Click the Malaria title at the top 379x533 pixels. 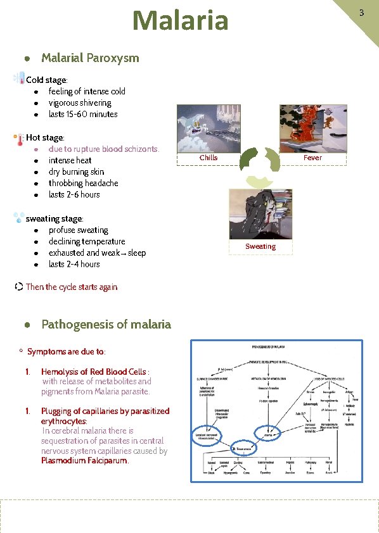[180, 20]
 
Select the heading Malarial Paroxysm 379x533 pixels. [89, 58]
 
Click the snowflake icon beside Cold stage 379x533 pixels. [19, 78]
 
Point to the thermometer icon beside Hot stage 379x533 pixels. [20, 137]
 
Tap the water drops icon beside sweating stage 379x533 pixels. [19, 218]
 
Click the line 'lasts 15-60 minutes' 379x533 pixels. [83, 114]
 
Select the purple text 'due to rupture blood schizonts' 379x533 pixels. [103, 149]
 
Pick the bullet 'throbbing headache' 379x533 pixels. [83, 183]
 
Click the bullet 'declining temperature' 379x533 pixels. [87, 241]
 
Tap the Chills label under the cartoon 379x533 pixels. [208, 158]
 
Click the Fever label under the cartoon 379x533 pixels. [312, 158]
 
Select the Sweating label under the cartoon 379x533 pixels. [260, 246]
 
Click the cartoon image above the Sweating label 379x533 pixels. [260, 213]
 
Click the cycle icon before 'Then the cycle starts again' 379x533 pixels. [19, 287]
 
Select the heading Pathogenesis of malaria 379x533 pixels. [106, 324]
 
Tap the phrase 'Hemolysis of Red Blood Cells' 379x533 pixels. [93, 372]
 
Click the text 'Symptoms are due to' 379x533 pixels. [66, 351]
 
